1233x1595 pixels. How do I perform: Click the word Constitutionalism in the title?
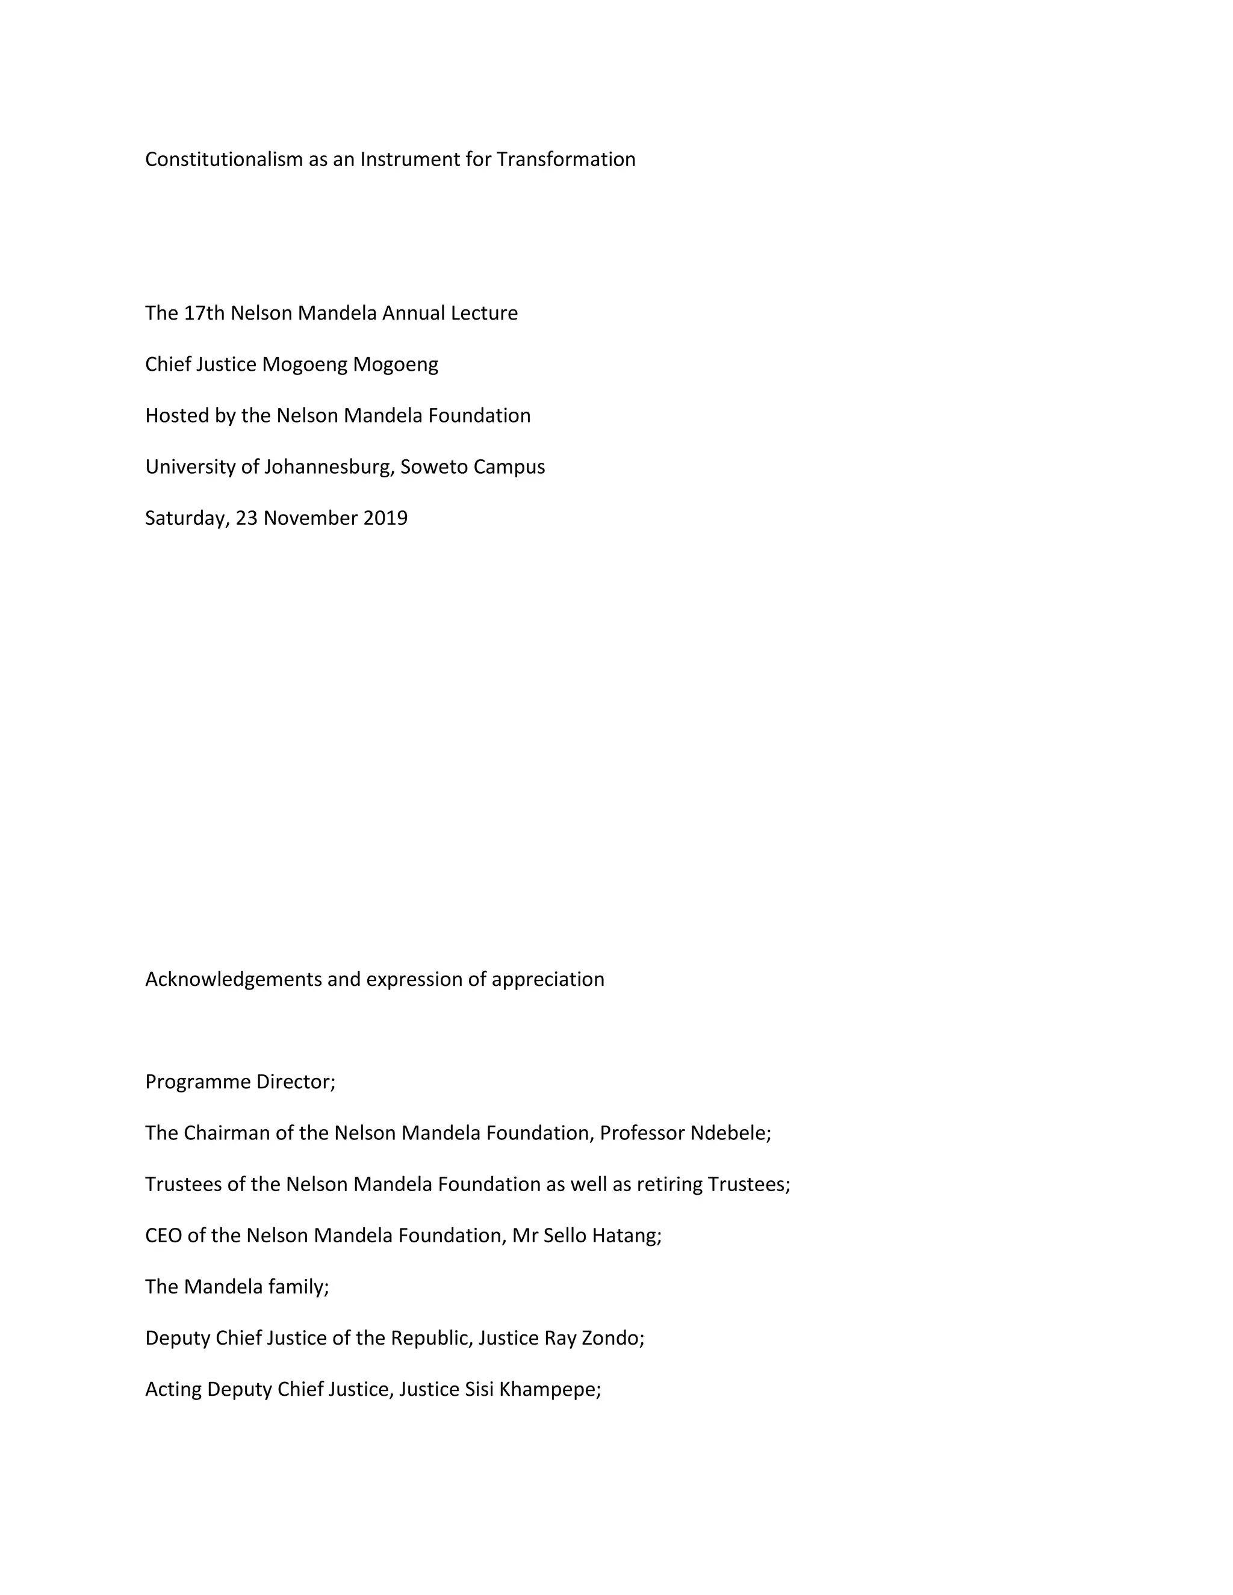(x=223, y=159)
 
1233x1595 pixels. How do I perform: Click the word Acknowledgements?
(x=234, y=979)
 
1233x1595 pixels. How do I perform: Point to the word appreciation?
(x=548, y=979)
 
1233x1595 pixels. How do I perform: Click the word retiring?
(x=670, y=1185)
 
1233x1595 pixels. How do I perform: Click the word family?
(x=298, y=1287)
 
